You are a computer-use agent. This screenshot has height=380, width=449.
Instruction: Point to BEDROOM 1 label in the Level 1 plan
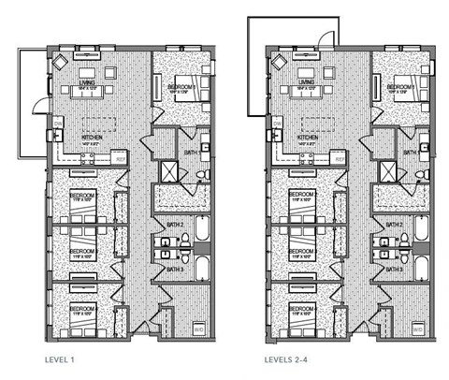pyautogui.click(x=181, y=86)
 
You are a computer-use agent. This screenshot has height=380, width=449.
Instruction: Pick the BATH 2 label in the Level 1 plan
pyautogui.click(x=175, y=225)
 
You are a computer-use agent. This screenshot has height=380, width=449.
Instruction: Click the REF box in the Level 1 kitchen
pyautogui.click(x=120, y=158)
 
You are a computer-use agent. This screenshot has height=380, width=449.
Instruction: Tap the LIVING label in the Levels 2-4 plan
pyautogui.click(x=306, y=82)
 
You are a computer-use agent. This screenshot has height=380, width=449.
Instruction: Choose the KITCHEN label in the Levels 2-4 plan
pyautogui.click(x=309, y=137)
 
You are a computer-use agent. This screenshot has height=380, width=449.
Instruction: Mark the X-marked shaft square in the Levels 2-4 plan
pyautogui.click(x=389, y=170)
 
